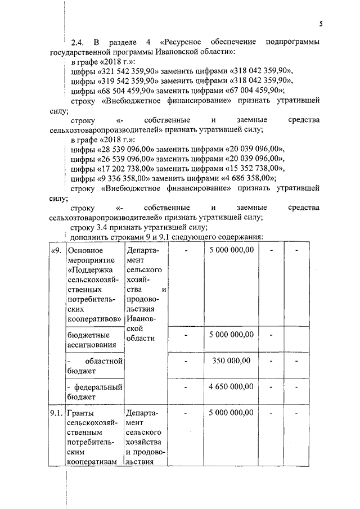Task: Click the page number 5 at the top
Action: (x=320, y=24)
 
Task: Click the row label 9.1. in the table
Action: (x=56, y=414)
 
